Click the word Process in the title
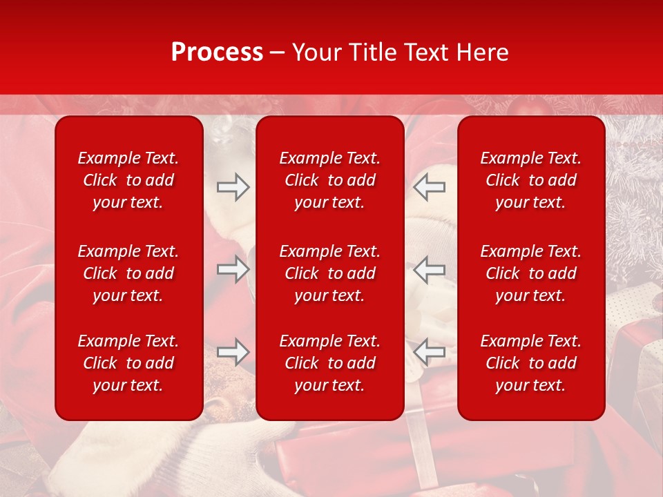pyautogui.click(x=217, y=52)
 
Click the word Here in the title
pyautogui.click(x=483, y=52)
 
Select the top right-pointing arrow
pyautogui.click(x=233, y=187)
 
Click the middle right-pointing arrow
pyautogui.click(x=233, y=269)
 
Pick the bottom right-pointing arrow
pyautogui.click(x=233, y=352)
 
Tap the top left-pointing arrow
pyautogui.click(x=430, y=187)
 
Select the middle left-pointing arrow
pyautogui.click(x=430, y=269)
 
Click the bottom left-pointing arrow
pyautogui.click(x=430, y=352)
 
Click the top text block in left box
pyautogui.click(x=128, y=180)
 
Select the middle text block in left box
pyautogui.click(x=128, y=273)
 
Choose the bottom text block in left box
pyautogui.click(x=128, y=363)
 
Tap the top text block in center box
pyautogui.click(x=329, y=180)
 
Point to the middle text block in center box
pyautogui.click(x=329, y=273)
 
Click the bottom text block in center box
pyautogui.click(x=329, y=363)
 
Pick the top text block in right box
pyautogui.click(x=530, y=180)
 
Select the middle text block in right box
pyautogui.click(x=530, y=273)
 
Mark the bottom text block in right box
pyautogui.click(x=530, y=363)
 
